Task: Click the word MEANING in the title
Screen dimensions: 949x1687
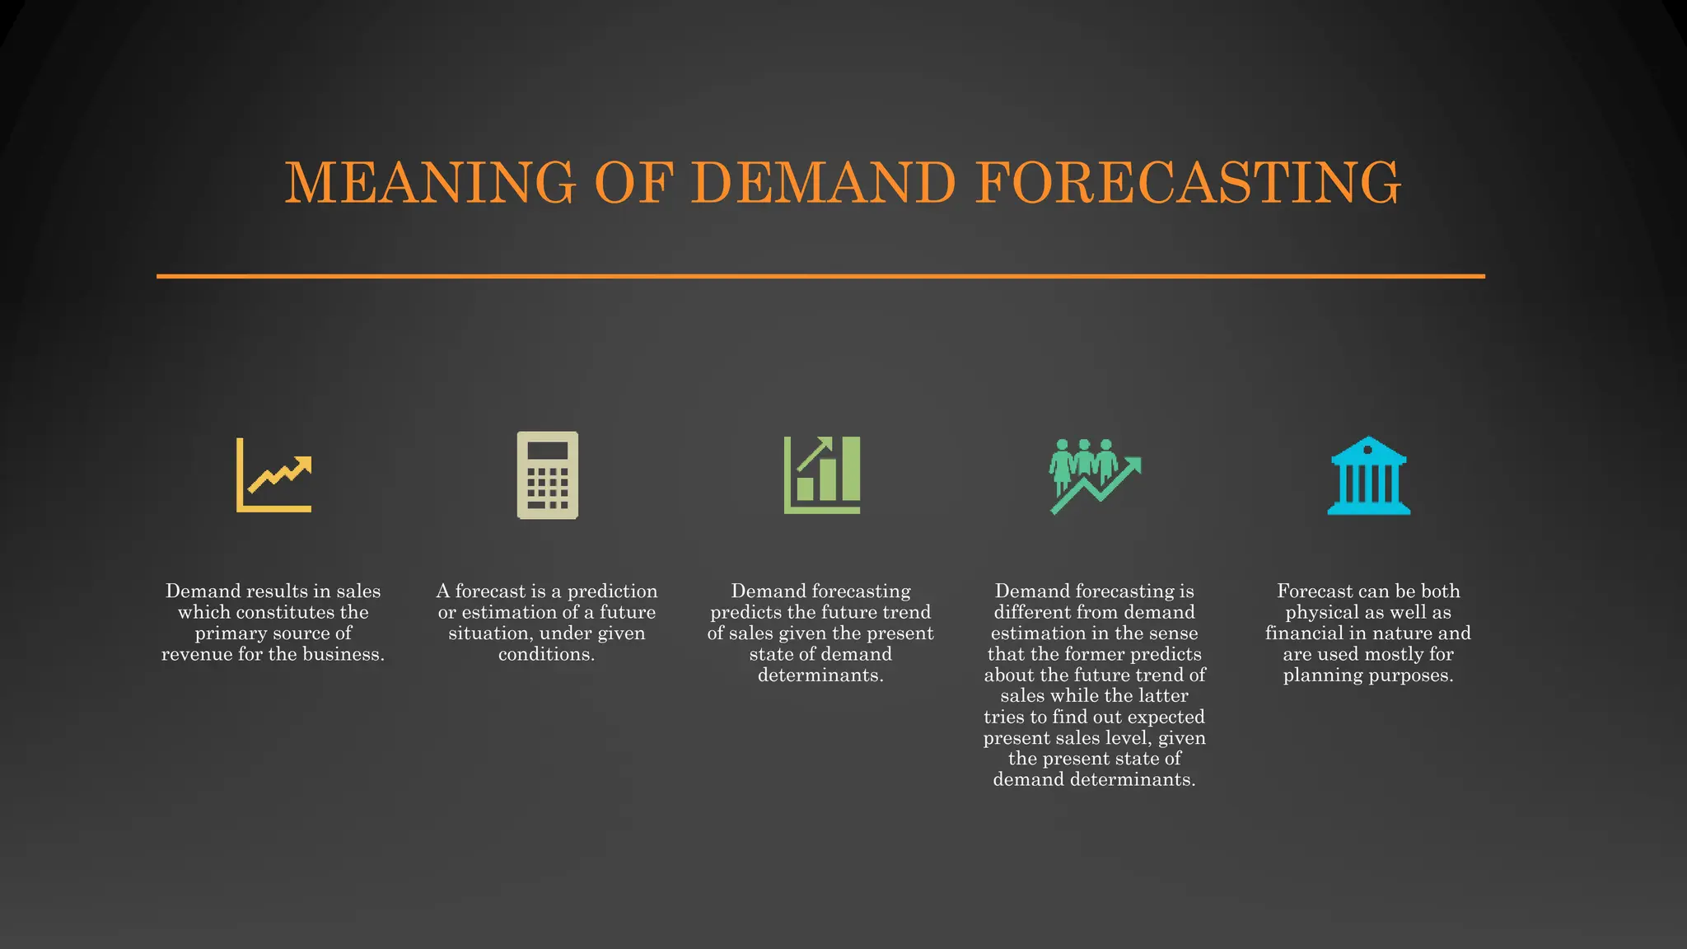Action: pyautogui.click(x=430, y=182)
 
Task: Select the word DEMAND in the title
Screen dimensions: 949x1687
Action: pyautogui.click(x=823, y=182)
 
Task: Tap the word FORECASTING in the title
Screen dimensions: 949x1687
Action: pyautogui.click(x=1188, y=182)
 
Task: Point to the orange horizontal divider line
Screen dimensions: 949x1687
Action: pyautogui.click(x=820, y=276)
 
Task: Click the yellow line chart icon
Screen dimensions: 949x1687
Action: pyautogui.click(x=274, y=475)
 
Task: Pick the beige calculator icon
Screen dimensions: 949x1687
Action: pyautogui.click(x=548, y=475)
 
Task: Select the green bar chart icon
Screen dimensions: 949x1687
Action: pyautogui.click(x=822, y=475)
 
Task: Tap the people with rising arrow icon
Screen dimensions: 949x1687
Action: pyautogui.click(x=1095, y=475)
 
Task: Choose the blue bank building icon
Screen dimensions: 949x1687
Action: pyautogui.click(x=1368, y=475)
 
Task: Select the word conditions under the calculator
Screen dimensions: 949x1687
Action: pyautogui.click(x=546, y=655)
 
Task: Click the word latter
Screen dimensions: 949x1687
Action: pyautogui.click(x=1162, y=696)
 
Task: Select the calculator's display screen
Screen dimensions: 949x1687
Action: pyautogui.click(x=548, y=451)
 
